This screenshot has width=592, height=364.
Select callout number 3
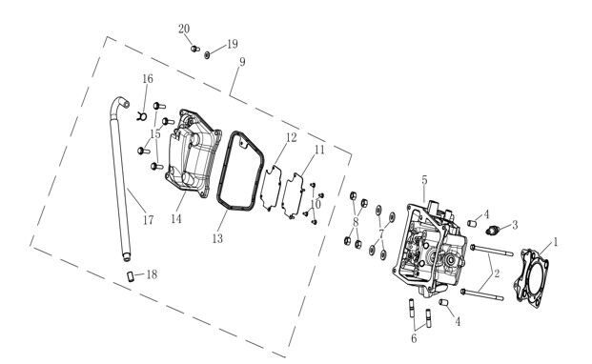coord(515,225)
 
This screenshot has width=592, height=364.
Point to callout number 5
coord(424,180)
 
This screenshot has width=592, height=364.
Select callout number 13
coord(218,237)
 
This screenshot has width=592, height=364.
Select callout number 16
coord(148,78)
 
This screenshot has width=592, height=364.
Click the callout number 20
coord(184,29)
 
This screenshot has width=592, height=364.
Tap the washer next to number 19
coord(206,54)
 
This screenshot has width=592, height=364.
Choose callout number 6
coord(414,338)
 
